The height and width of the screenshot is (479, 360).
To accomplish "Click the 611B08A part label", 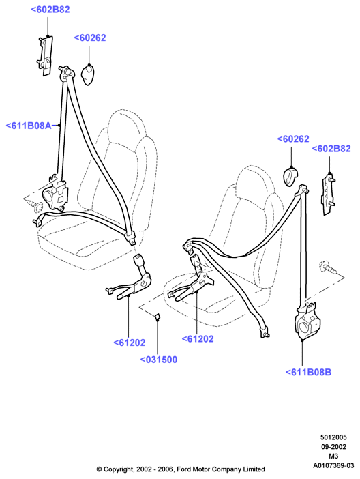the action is click(29, 126).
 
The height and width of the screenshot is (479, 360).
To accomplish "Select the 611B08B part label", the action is click(308, 372).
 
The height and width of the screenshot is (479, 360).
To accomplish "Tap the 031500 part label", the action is click(159, 360).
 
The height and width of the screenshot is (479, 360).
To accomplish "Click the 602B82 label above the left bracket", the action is click(50, 10).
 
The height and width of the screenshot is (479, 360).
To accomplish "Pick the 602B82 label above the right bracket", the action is click(331, 149).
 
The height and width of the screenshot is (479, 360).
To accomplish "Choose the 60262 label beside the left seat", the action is click(90, 38).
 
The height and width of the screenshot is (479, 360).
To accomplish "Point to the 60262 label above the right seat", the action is click(293, 139).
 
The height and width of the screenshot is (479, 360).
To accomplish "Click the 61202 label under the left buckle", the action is click(129, 343).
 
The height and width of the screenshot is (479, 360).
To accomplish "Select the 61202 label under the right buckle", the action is click(198, 339).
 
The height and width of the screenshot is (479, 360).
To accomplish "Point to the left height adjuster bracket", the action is click(45, 55).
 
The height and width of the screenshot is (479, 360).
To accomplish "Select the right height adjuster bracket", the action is click(328, 194).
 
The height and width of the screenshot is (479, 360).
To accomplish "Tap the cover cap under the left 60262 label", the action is click(88, 75).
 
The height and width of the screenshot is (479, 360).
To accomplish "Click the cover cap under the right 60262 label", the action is click(291, 176).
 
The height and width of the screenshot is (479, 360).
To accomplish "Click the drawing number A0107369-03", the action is click(333, 465).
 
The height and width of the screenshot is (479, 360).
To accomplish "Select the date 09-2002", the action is click(333, 447).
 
